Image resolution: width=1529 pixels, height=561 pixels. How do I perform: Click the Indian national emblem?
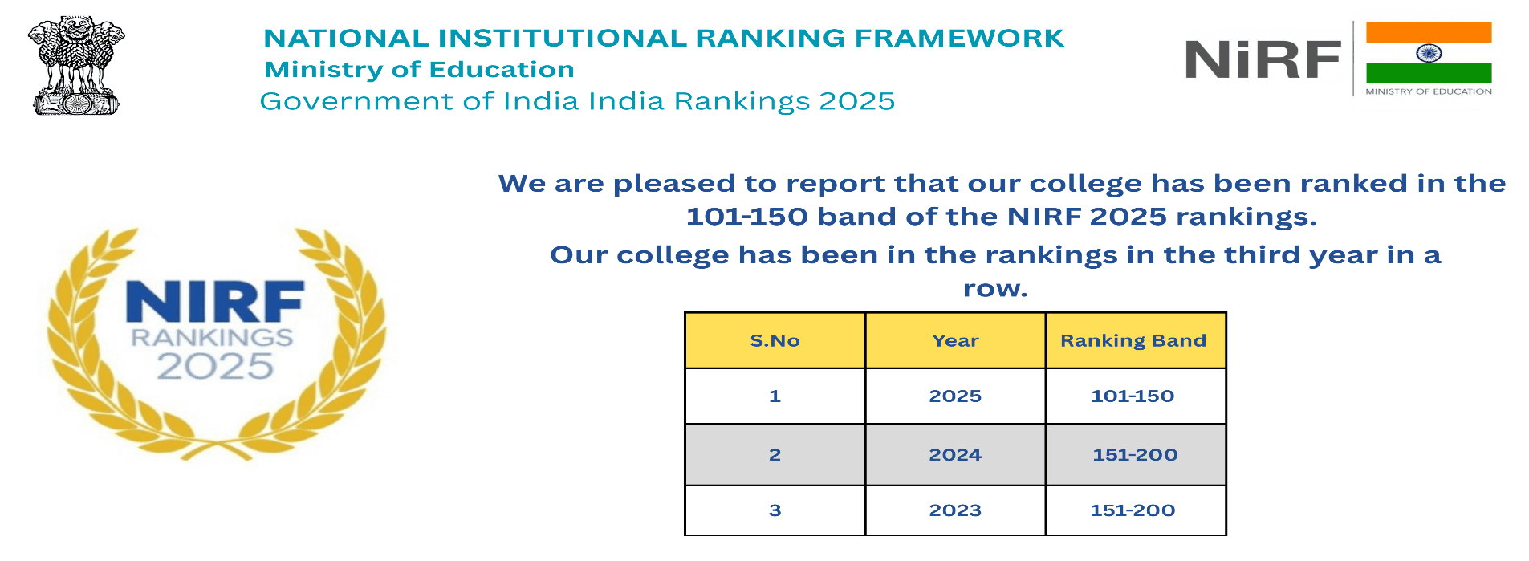pyautogui.click(x=76, y=66)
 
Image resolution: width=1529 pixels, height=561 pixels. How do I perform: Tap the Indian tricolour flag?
pyautogui.click(x=1429, y=53)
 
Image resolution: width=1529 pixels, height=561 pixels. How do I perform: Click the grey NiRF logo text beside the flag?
pyautogui.click(x=1263, y=60)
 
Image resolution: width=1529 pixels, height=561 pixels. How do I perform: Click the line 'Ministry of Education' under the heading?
pyautogui.click(x=420, y=70)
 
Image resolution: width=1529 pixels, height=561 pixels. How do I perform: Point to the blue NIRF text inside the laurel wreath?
pyautogui.click(x=215, y=302)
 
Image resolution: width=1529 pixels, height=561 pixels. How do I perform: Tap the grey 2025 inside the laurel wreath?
pyautogui.click(x=215, y=366)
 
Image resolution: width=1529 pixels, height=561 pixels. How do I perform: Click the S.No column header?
pyautogui.click(x=775, y=341)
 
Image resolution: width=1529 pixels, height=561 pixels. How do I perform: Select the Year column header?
pyautogui.click(x=955, y=341)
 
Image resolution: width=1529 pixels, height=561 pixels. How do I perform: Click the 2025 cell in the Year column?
pyautogui.click(x=955, y=396)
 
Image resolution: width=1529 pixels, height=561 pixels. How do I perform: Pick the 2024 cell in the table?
pyautogui.click(x=955, y=455)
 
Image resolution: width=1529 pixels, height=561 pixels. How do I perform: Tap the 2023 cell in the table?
pyautogui.click(x=955, y=510)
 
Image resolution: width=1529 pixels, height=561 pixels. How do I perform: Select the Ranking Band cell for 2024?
pyautogui.click(x=1136, y=455)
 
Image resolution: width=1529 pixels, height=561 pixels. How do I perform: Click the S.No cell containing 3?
pyautogui.click(x=775, y=510)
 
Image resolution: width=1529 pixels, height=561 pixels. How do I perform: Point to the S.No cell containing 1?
pyautogui.click(x=775, y=396)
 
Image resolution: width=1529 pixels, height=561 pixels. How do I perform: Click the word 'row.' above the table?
pyautogui.click(x=995, y=289)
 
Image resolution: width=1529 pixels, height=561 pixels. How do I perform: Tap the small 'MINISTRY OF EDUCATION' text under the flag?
pyautogui.click(x=1429, y=91)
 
